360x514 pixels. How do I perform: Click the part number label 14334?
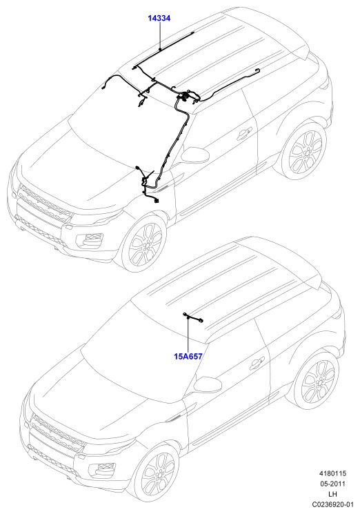pos(159,19)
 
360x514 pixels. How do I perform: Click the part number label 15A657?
pos(188,356)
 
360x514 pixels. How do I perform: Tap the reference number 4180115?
pos(333,473)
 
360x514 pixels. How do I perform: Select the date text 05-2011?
pos(333,484)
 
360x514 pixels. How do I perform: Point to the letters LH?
pos(333,494)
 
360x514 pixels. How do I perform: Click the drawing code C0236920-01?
pos(332,504)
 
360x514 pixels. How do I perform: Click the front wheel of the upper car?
pos(144,244)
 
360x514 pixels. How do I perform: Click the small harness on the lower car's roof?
pos(193,317)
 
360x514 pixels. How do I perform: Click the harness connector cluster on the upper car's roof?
pos(186,96)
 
